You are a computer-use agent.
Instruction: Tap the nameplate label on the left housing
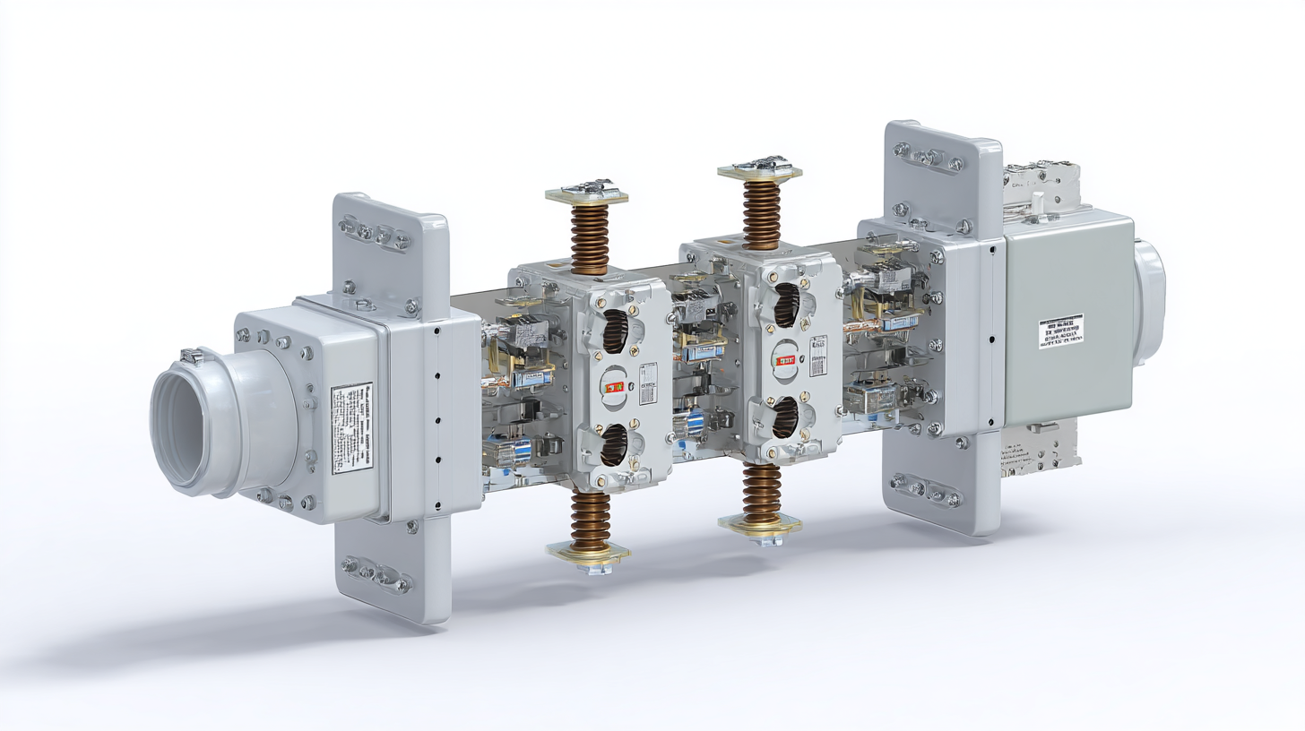351,428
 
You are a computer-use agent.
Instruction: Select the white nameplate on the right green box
1060,331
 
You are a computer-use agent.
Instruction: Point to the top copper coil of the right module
761,213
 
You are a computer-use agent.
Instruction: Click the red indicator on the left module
615,388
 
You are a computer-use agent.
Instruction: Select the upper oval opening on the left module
615,332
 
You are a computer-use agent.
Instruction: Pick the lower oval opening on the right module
786,417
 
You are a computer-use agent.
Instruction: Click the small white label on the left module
648,383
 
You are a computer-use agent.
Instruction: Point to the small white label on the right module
818,356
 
